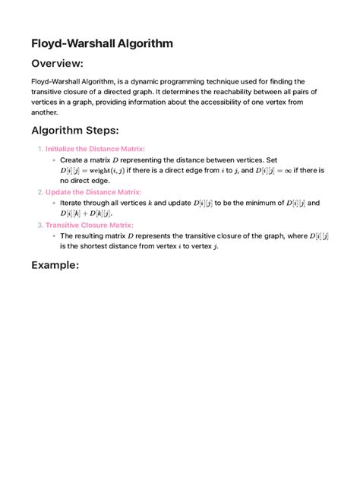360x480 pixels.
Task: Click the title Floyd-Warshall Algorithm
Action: tap(102, 43)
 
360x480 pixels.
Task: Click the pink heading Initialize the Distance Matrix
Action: tap(95, 149)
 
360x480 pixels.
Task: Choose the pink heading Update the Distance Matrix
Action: tap(93, 192)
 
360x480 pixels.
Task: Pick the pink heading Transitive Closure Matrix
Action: tap(90, 225)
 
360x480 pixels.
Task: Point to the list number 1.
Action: tap(39, 149)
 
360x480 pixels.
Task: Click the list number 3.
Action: tap(39, 225)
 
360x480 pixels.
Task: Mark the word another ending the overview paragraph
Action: tap(45, 112)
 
